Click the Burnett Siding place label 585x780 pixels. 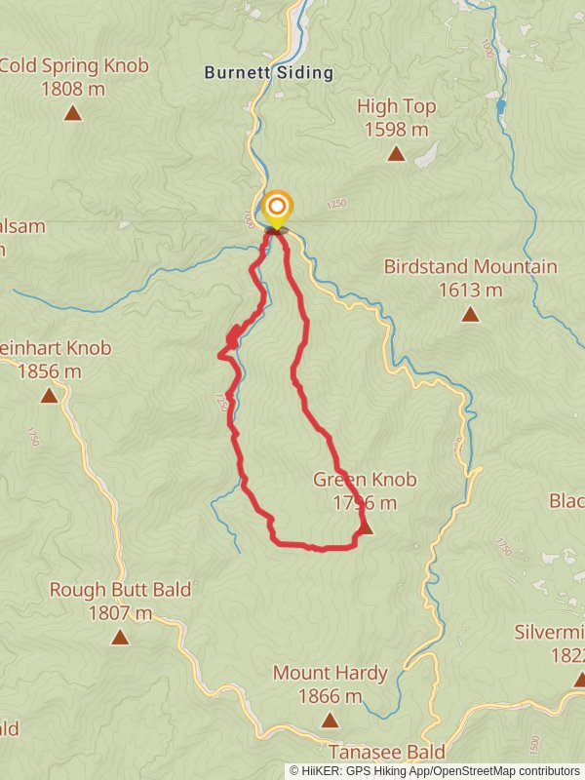pyautogui.click(x=268, y=72)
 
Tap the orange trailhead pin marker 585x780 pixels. pyautogui.click(x=278, y=207)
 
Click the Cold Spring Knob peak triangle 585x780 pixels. pyautogui.click(x=72, y=114)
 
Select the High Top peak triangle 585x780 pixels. pyautogui.click(x=396, y=153)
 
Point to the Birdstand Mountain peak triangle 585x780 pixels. pyautogui.click(x=470, y=314)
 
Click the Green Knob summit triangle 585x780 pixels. pyautogui.click(x=366, y=528)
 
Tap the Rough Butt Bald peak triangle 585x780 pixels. pyautogui.click(x=120, y=638)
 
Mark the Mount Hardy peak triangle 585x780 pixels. pyautogui.click(x=330, y=721)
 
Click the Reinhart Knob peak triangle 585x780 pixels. pyautogui.click(x=49, y=396)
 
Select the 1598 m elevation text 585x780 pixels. pyautogui.click(x=396, y=129)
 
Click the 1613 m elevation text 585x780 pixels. pyautogui.click(x=470, y=290)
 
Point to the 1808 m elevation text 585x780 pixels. pyautogui.click(x=74, y=90)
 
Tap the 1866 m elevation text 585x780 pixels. pyautogui.click(x=330, y=696)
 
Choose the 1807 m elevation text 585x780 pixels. pyautogui.click(x=120, y=613)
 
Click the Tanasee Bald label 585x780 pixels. pyautogui.click(x=386, y=752)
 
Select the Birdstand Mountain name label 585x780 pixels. pyautogui.click(x=470, y=266)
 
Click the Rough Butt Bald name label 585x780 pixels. pyautogui.click(x=120, y=590)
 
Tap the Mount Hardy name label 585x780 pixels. pyautogui.click(x=330, y=673)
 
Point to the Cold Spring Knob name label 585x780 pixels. pyautogui.click(x=74, y=66)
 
